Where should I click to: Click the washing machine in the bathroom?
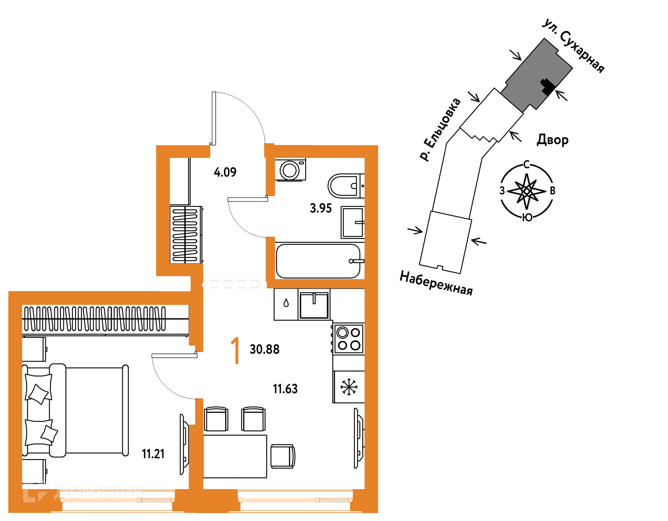click(290, 170)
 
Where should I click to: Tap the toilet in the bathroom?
click(346, 186)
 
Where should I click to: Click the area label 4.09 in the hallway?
click(225, 172)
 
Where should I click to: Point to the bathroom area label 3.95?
click(321, 208)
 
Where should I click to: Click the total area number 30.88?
click(264, 349)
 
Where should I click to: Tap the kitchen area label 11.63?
click(285, 389)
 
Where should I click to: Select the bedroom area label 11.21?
click(153, 454)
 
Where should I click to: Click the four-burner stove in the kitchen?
click(348, 339)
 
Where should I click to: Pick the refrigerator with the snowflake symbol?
click(349, 387)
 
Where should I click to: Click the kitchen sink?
click(314, 305)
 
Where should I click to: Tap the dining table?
click(235, 456)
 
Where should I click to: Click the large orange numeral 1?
click(236, 350)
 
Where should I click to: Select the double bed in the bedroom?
click(75, 410)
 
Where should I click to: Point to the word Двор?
click(552, 140)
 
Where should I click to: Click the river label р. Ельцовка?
click(440, 129)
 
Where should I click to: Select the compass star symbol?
click(527, 191)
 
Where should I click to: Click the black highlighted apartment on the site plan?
click(547, 87)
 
